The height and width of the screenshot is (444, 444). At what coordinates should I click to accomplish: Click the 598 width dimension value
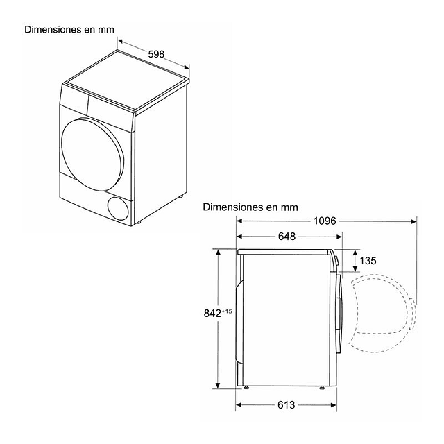tap(156, 54)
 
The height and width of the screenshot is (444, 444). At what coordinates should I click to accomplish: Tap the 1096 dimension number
tap(325, 221)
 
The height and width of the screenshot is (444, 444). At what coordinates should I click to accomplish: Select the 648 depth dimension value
tap(287, 236)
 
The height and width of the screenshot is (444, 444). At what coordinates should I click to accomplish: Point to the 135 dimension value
tap(368, 261)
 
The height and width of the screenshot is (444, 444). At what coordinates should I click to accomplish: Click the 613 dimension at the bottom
tap(287, 405)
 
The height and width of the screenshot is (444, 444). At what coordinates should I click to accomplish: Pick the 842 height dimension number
tap(212, 313)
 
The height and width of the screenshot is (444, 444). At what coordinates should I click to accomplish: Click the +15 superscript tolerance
tap(227, 311)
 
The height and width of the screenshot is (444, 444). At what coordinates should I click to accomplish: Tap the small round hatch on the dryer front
tap(118, 208)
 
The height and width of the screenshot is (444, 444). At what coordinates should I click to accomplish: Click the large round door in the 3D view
tap(92, 154)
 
